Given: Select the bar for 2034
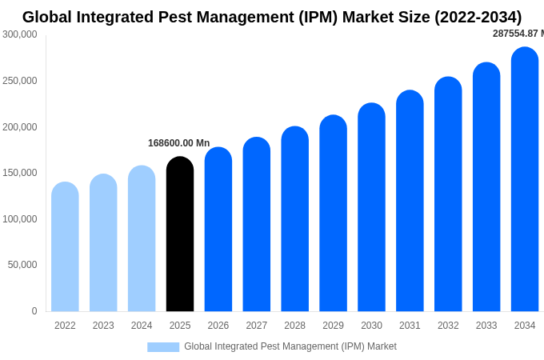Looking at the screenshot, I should coord(525,180).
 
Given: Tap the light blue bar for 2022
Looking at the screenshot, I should coord(65,247).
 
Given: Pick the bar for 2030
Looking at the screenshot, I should coord(371,208).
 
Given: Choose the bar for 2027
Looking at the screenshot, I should coord(257,225).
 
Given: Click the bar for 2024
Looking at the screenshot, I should coord(142,239).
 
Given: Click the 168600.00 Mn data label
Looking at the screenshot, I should coord(178,143).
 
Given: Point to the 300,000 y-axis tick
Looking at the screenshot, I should coord(20,34).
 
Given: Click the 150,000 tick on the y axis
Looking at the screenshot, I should coord(20,173).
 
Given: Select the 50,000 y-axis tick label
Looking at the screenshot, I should coord(22,265).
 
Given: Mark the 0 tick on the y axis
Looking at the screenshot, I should coord(34,311).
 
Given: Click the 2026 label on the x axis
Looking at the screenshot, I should coord(218,326).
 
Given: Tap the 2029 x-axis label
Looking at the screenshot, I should coord(333,326).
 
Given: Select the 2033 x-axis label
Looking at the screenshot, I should coord(486,326).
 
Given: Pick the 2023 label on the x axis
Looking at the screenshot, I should coord(103,326).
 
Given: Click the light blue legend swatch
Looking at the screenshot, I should coord(163,347).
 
